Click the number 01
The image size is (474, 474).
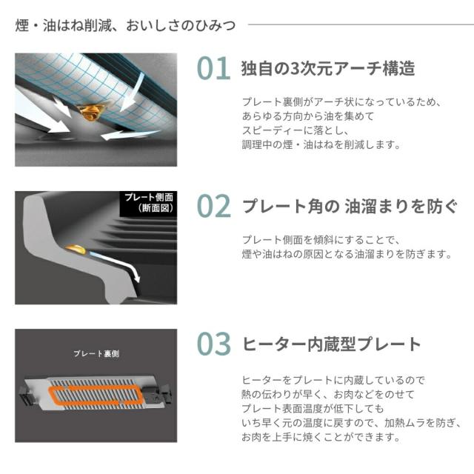(214, 68)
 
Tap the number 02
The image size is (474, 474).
(214, 206)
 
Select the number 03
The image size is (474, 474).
(214, 344)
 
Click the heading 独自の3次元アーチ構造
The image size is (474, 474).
(327, 68)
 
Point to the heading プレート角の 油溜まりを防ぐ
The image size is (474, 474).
(350, 207)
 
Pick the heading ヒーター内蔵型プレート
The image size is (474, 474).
(331, 344)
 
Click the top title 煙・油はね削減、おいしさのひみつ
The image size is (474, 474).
(125, 25)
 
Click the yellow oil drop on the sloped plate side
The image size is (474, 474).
(76, 249)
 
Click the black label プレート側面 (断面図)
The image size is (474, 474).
(148, 203)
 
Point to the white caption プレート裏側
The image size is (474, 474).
(96, 353)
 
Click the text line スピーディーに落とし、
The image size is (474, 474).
(296, 130)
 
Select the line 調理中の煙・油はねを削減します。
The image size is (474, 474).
(321, 144)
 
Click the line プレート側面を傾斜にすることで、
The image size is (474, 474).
(321, 240)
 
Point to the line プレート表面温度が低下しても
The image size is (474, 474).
(313, 408)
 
